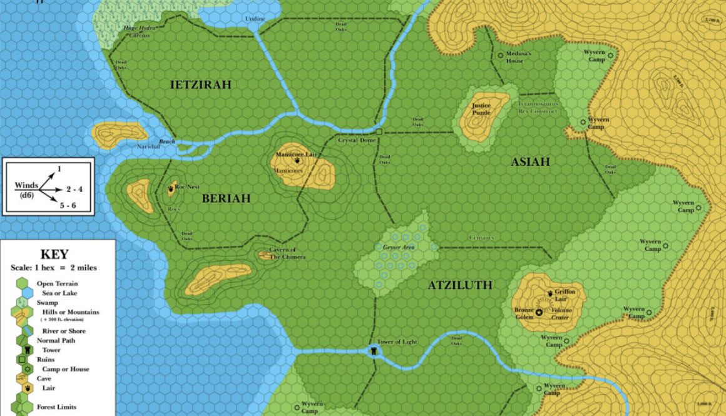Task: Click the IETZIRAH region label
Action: tap(200, 84)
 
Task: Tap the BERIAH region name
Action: tap(226, 198)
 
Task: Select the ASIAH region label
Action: tap(530, 162)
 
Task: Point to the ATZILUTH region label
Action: tap(460, 285)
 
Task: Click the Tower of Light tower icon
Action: tap(374, 352)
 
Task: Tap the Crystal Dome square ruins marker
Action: tap(379, 132)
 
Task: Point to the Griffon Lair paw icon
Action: tap(551, 292)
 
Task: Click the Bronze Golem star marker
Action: tap(538, 312)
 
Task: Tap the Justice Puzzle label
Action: tap(481, 109)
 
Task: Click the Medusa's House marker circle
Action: tap(500, 55)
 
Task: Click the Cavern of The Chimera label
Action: tap(287, 253)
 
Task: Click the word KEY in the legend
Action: tap(54, 255)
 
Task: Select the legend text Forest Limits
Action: tap(57, 407)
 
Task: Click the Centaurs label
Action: tap(481, 238)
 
